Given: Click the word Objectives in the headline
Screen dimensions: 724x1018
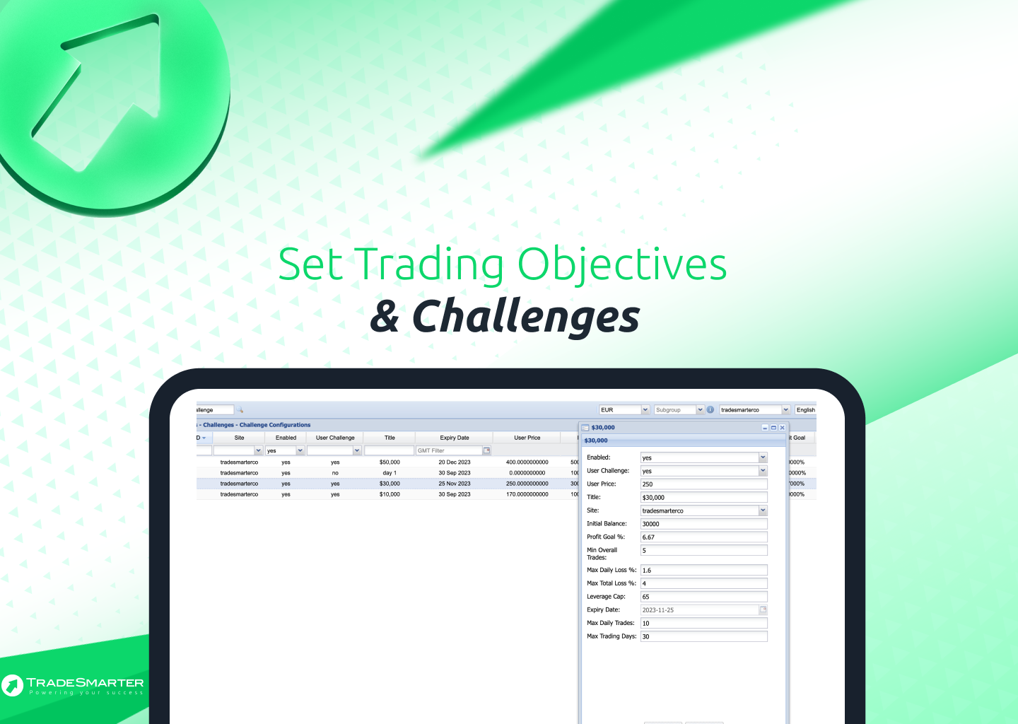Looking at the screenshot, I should point(622,264).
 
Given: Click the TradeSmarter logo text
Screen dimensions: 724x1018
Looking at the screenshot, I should point(85,683).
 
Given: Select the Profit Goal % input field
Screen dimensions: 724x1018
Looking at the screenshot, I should point(703,537).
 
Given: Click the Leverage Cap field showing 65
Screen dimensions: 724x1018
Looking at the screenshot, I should point(703,597).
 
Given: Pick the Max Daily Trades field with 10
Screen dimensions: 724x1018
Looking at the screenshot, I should point(703,623).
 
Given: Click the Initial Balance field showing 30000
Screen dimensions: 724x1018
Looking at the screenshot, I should point(703,524).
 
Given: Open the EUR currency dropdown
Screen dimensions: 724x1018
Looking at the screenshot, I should point(645,410).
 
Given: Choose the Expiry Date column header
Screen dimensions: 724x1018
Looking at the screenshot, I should point(454,438).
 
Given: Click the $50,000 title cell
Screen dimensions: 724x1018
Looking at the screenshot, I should point(390,462).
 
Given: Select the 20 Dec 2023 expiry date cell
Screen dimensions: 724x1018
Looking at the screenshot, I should point(454,462).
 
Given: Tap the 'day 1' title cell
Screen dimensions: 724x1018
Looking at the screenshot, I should point(390,473).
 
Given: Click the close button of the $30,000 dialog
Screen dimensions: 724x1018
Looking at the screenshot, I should point(783,428).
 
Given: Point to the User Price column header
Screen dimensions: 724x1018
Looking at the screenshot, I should point(527,438).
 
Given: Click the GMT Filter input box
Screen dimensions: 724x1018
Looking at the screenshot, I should point(449,450).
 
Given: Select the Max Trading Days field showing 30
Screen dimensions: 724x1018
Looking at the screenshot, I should point(703,636).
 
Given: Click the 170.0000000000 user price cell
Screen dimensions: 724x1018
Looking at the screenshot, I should point(527,494).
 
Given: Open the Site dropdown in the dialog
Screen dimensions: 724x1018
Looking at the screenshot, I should point(763,510).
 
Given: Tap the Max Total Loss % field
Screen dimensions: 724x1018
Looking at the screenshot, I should point(703,583).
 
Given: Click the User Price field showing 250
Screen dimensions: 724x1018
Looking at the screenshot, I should point(703,484).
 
